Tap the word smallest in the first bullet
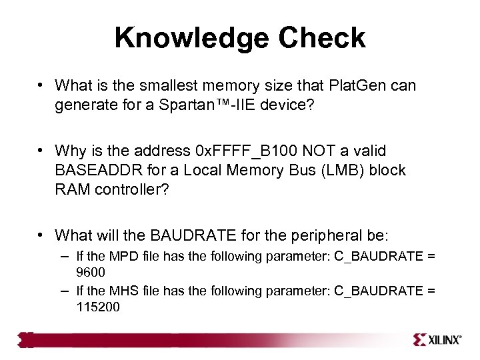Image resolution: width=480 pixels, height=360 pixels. [x=167, y=85]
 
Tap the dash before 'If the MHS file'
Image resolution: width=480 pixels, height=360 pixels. [x=63, y=290]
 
